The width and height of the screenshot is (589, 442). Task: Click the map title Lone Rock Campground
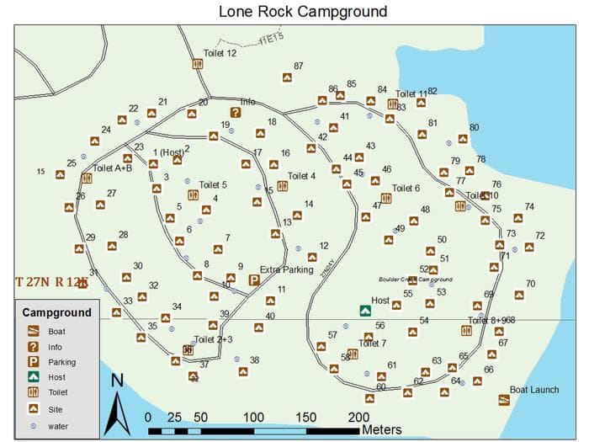303,12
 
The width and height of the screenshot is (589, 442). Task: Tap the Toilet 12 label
220,53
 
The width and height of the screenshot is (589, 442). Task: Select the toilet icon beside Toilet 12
198,63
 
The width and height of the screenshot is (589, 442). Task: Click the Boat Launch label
534,390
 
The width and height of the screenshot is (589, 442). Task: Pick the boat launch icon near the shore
504,399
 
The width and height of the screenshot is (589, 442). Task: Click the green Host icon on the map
365,311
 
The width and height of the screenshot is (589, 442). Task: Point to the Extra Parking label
286,270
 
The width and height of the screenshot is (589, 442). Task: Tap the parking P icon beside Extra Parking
254,280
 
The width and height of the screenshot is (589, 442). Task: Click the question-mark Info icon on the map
236,112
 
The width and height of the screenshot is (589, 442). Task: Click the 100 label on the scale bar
253,418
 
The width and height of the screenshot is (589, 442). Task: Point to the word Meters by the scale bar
382,429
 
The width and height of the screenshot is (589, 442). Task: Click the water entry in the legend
58,426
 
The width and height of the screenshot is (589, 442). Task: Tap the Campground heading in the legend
57,312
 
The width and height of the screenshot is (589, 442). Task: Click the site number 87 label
299,66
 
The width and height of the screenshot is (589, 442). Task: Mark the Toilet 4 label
302,176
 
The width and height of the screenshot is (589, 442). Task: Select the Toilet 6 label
406,189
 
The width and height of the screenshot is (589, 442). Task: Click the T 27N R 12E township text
50,282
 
